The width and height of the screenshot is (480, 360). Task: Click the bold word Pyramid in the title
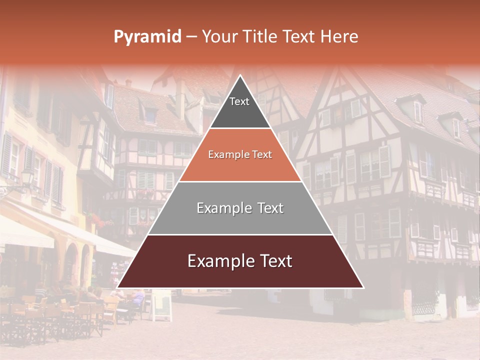pyautogui.click(x=147, y=37)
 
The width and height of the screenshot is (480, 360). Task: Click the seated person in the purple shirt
pyautogui.click(x=137, y=300)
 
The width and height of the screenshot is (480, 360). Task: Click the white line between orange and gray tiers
pyautogui.click(x=240, y=181)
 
